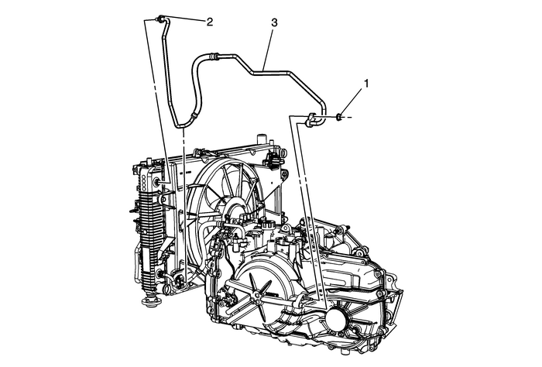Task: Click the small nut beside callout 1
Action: coord(340,118)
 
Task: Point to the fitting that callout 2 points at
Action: coord(159,19)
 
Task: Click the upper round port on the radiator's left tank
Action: coord(159,183)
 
